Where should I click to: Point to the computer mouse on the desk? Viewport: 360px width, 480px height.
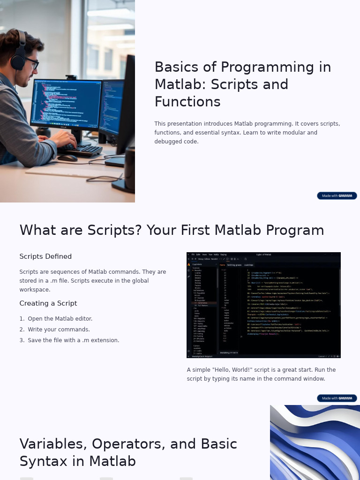pyautogui.click(x=67, y=158)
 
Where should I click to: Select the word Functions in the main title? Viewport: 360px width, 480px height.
pyautogui.click(x=187, y=102)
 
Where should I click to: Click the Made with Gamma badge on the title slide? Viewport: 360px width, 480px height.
pyautogui.click(x=337, y=195)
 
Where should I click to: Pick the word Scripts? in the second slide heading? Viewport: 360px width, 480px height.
pyautogui.click(x=114, y=230)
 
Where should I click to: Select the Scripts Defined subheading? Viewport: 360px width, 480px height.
pyautogui.click(x=45, y=256)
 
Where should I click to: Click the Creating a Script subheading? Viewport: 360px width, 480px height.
pyautogui.click(x=48, y=303)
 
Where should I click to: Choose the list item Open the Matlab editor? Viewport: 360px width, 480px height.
pyautogui.click(x=60, y=319)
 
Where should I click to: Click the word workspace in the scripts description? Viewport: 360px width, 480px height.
pyautogui.click(x=35, y=290)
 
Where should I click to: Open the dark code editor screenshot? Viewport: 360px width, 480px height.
pyautogui.click(x=263, y=305)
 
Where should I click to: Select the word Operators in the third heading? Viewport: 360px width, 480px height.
pyautogui.click(x=125, y=443)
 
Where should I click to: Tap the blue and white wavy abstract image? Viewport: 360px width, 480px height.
pyautogui.click(x=315, y=442)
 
